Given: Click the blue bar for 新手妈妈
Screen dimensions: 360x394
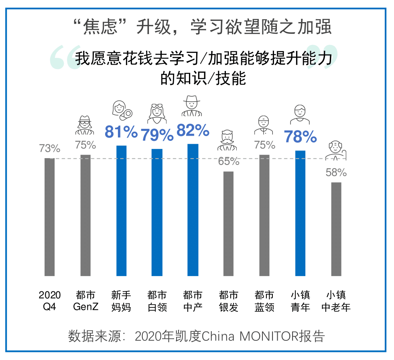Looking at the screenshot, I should pos(122,211).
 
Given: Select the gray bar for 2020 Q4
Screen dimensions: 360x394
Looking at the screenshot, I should pos(50,217).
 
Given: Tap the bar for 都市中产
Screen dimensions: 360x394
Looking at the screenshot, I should pos(193,210).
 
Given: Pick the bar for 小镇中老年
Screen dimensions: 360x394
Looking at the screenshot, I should pos(336,229).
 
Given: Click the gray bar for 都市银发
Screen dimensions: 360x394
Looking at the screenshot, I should pos(228,224).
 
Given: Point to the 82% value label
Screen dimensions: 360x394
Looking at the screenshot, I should pos(193,130).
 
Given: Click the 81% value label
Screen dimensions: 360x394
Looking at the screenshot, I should pos(121,132).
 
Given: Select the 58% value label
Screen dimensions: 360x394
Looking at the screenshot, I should pos(336,173).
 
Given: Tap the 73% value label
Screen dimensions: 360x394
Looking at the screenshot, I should pos(50,148).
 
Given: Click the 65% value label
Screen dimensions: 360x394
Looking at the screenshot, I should pos(229,162).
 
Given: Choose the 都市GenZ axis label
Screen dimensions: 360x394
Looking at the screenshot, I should pos(85,301).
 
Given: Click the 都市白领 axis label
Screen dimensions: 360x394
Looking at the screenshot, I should pos(157,301).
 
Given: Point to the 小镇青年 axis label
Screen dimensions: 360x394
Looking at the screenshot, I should pos(301,301).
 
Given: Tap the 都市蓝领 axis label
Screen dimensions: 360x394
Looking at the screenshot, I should pos(264,301).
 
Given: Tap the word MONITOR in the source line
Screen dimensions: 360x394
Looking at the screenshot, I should pos(268,336).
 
